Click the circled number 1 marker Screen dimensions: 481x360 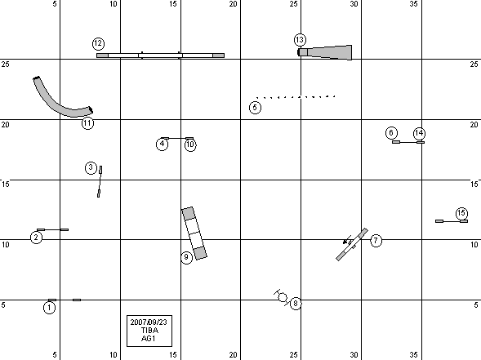(x=50, y=308)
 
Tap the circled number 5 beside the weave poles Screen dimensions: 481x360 (x=255, y=108)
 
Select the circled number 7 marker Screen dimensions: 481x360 (x=376, y=241)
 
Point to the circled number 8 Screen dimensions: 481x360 (x=296, y=304)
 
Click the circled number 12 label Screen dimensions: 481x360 (x=98, y=43)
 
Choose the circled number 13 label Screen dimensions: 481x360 (x=300, y=39)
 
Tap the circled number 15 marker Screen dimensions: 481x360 (x=461, y=213)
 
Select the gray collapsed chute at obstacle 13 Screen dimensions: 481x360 (x=325, y=52)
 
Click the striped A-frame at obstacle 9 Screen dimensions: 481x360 (x=194, y=233)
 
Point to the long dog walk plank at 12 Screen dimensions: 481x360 (x=160, y=56)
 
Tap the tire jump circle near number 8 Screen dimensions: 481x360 (x=283, y=297)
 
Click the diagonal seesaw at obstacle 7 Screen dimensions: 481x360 (x=352, y=244)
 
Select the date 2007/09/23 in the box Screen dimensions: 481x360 (x=149, y=322)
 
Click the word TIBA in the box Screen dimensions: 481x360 (x=149, y=331)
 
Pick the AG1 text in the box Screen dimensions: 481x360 (x=149, y=339)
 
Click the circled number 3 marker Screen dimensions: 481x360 (x=91, y=168)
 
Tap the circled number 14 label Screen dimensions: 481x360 (x=419, y=133)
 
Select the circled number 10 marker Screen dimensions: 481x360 (x=190, y=144)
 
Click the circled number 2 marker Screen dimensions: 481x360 (x=37, y=238)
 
